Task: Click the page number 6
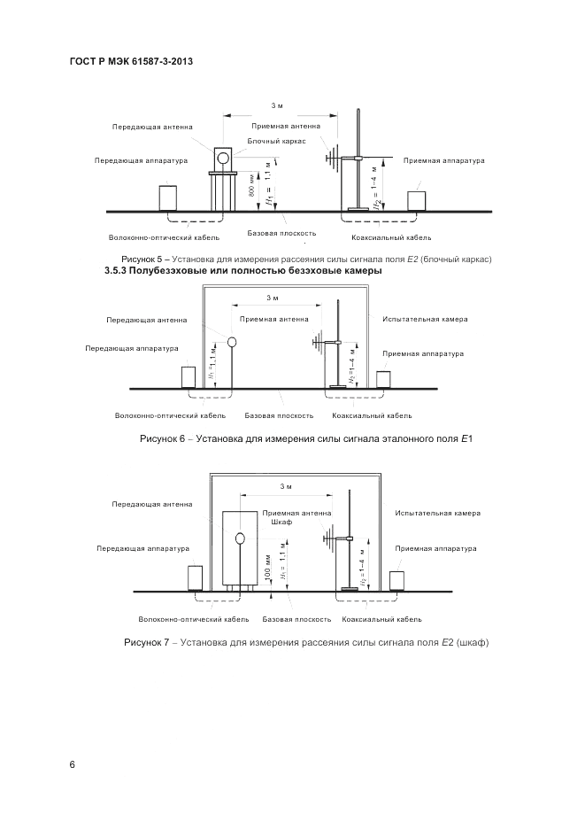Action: [x=73, y=764]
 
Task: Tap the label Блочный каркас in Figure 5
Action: [x=277, y=141]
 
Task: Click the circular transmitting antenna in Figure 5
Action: [x=224, y=158]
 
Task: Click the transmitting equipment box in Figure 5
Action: [x=167, y=197]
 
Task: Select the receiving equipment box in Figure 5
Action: [x=417, y=199]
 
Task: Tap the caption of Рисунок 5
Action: [x=299, y=258]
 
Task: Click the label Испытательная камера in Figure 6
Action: [x=425, y=319]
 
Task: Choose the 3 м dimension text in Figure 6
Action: [x=273, y=298]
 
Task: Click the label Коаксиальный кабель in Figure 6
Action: [x=372, y=415]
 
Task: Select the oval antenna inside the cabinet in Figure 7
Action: [x=239, y=538]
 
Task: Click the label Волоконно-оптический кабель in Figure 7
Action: [x=194, y=619]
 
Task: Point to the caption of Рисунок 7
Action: [x=306, y=642]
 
